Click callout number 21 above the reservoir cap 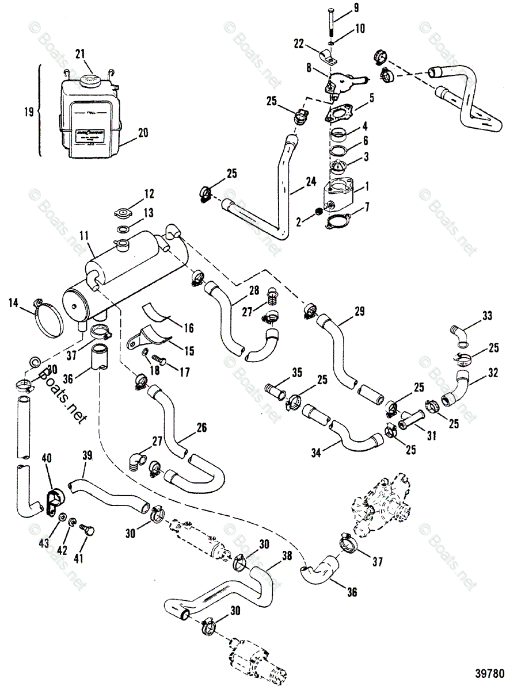click(x=81, y=53)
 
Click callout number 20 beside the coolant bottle click(x=142, y=133)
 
